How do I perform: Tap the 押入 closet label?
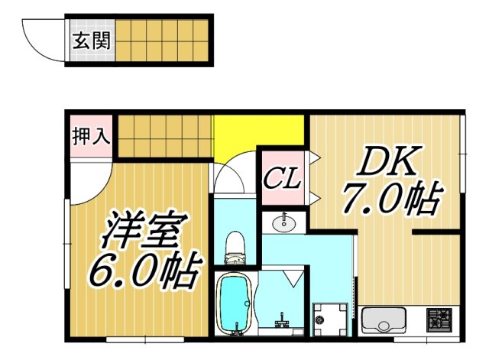point(91,138)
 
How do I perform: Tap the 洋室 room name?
point(144,229)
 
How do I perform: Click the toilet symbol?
point(236,245)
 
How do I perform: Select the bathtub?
point(236,303)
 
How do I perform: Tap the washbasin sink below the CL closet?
point(285,224)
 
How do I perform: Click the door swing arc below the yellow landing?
point(233,176)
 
